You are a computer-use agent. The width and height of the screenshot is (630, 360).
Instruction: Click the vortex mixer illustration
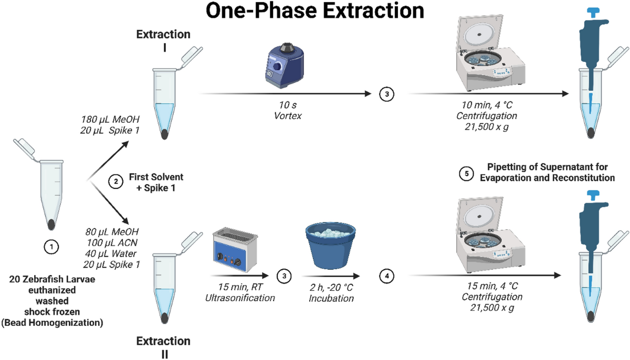(285, 65)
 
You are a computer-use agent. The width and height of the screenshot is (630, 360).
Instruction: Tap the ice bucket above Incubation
(330, 246)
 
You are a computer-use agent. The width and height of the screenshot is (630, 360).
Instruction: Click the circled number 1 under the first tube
(51, 247)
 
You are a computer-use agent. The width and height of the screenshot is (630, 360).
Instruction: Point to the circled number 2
(115, 182)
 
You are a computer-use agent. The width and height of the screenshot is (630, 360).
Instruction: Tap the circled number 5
(466, 174)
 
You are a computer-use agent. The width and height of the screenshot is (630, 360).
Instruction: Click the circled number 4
(387, 276)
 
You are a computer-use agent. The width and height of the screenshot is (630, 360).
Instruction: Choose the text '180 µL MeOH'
(110, 120)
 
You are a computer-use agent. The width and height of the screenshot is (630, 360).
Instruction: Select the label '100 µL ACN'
(112, 242)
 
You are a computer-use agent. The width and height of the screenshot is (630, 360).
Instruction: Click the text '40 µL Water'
(111, 253)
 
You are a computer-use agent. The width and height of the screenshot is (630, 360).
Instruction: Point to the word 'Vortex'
(288, 116)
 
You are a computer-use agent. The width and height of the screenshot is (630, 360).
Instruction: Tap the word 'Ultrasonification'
(240, 298)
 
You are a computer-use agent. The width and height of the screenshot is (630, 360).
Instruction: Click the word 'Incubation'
(331, 298)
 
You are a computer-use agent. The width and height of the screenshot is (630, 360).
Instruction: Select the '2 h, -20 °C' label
(331, 287)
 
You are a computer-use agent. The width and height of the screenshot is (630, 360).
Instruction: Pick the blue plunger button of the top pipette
(593, 13)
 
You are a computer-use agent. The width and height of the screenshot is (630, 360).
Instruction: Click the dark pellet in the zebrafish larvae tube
(51, 225)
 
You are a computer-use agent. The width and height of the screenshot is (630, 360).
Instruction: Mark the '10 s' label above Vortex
(288, 105)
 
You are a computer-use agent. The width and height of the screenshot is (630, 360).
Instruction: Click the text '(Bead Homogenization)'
(52, 323)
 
